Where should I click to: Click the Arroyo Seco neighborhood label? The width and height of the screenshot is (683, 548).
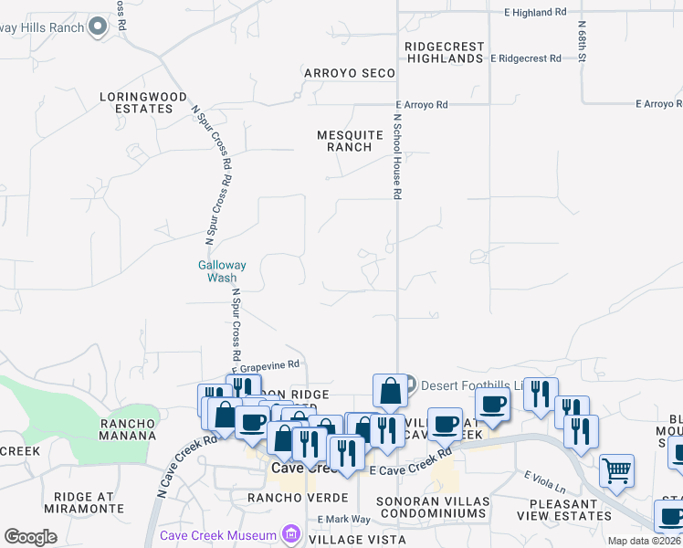pyautogui.click(x=350, y=73)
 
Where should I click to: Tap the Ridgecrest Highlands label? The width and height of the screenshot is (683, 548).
pyautogui.click(x=445, y=51)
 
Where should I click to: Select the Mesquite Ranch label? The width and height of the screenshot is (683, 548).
pyautogui.click(x=350, y=141)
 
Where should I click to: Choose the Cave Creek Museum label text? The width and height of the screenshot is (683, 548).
pyautogui.click(x=218, y=535)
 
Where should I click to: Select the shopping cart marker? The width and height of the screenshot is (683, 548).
pyautogui.click(x=617, y=471)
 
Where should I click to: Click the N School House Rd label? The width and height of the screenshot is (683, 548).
pyautogui.click(x=397, y=157)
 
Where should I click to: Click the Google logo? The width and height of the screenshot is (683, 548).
pyautogui.click(x=30, y=537)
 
